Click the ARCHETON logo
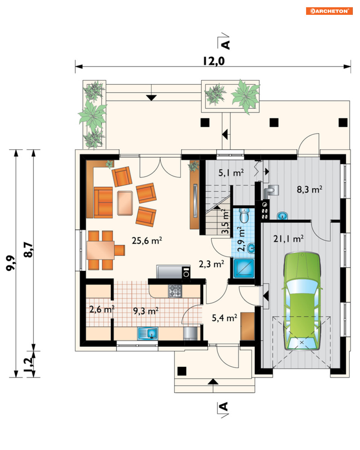coord(329,11)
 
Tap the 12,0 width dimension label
coord(214,61)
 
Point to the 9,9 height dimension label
coord(10,263)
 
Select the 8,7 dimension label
coord(28,250)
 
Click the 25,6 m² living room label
coord(147,241)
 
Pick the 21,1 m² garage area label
coord(288,239)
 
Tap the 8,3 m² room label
coord(309,190)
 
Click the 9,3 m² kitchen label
coord(146,311)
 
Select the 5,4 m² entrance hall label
coord(224,318)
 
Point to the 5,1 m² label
coord(231,173)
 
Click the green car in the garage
coord(302,301)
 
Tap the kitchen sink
coord(148,333)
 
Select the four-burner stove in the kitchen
coord(175,291)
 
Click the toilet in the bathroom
coord(244,215)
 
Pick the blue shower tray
coord(244,268)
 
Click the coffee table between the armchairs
coord(125,203)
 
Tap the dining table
coord(101,250)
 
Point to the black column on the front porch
coord(182,371)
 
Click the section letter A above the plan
coord(226,45)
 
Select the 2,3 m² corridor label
coord(212,264)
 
